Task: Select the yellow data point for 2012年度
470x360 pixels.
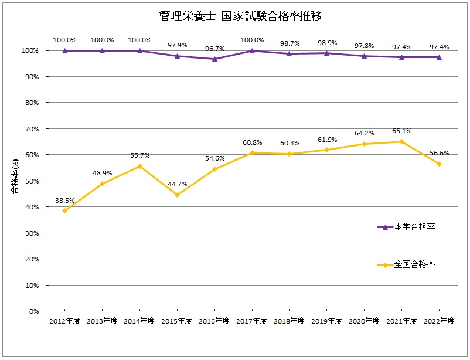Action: click(64, 210)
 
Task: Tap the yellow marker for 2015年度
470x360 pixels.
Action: click(177, 195)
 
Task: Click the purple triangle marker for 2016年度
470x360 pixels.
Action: click(214, 59)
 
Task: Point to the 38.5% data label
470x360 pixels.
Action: click(65, 200)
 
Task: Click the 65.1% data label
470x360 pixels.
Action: click(401, 131)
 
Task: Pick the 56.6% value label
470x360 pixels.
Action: click(439, 153)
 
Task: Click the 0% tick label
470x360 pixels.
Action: click(33, 311)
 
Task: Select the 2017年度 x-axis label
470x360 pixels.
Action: click(252, 321)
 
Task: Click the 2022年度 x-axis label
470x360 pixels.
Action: click(439, 321)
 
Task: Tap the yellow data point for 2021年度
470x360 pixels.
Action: click(401, 141)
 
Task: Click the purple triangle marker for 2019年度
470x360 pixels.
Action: click(326, 53)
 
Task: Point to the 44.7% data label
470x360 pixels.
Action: click(177, 184)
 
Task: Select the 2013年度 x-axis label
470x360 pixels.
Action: click(102, 321)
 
